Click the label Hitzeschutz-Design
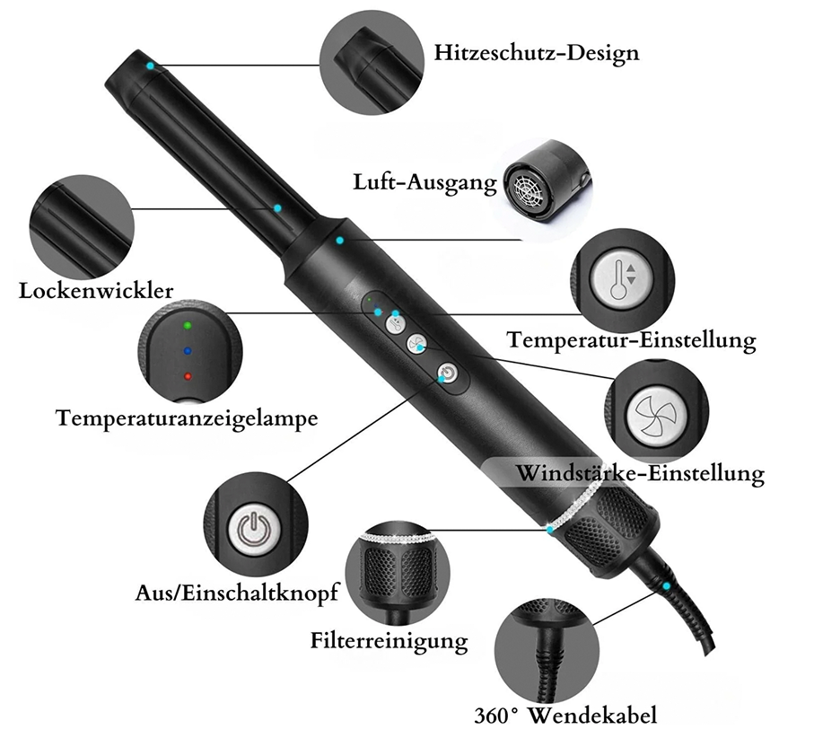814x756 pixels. pos(537,53)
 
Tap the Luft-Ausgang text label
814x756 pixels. pos(425,183)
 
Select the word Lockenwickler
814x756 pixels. pos(96,291)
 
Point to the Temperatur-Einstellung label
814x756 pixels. pos(631,340)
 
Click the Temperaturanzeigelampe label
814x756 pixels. pos(187,418)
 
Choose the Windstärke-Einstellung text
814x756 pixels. pos(640,473)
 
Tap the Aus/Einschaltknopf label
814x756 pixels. pos(237,593)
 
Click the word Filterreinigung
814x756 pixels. pos(389,640)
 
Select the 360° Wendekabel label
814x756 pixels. pos(565,716)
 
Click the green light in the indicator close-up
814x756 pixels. pos(188,326)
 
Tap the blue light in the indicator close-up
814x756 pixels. pos(188,352)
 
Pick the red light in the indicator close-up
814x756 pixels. pos(188,376)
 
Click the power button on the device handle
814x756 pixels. pos(448,373)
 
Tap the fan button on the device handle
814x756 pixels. pos(416,343)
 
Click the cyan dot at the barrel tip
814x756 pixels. pos(150,66)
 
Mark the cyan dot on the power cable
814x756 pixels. pos(666,585)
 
